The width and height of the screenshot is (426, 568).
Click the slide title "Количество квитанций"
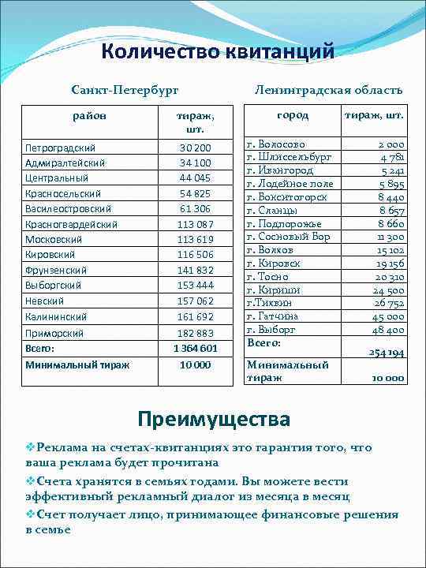[x=218, y=52]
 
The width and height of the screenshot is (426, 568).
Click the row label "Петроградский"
[x=61, y=148]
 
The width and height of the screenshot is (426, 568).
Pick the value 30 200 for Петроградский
[x=195, y=148]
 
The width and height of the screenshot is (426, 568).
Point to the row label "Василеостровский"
[x=68, y=208]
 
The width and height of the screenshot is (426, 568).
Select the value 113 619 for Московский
[x=195, y=239]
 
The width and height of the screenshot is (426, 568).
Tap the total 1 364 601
[x=195, y=348]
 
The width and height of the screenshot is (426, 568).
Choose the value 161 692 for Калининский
[x=195, y=316]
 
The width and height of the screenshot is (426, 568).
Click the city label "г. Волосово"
[x=276, y=144]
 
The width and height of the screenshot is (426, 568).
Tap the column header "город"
[x=292, y=115]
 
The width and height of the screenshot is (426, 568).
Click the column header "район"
[x=89, y=116]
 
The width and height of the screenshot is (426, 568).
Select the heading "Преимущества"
[x=213, y=418]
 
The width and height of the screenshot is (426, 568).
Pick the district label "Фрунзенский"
[x=58, y=270]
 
